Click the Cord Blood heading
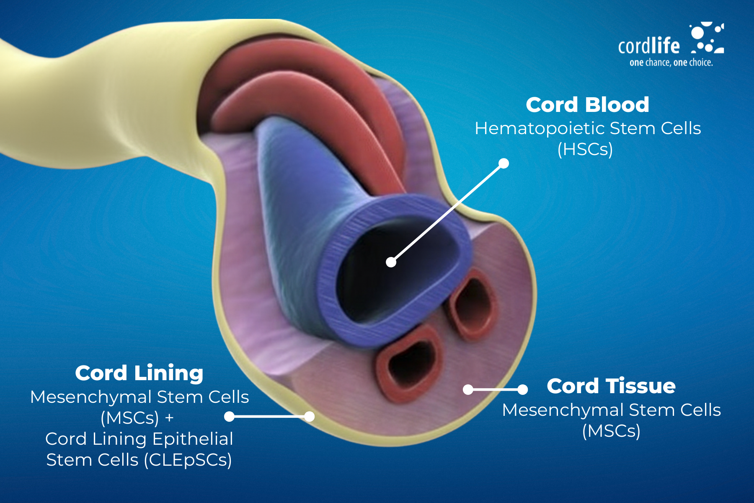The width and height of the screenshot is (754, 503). (587, 105)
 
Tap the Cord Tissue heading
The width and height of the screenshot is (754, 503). (611, 386)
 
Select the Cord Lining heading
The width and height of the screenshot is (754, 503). (139, 373)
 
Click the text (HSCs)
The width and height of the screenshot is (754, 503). (585, 150)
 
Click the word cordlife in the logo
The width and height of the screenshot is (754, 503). (649, 46)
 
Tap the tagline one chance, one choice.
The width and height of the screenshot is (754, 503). (671, 63)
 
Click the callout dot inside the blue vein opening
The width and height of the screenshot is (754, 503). (391, 262)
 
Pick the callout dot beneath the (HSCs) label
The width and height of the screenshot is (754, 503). (504, 163)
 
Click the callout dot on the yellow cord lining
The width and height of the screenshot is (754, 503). (310, 416)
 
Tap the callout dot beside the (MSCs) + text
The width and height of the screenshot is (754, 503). (229, 416)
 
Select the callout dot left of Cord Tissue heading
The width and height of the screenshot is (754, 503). (522, 389)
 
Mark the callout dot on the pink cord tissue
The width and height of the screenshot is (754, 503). (468, 389)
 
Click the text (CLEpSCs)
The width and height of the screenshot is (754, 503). (188, 460)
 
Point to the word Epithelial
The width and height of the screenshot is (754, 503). (193, 439)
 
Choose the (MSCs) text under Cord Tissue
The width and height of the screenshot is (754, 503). (611, 431)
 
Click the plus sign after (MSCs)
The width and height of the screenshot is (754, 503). (169, 418)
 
